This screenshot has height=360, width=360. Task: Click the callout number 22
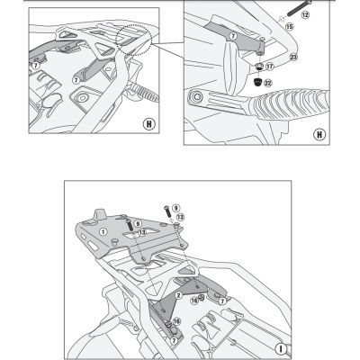pyautogui.click(x=267, y=84)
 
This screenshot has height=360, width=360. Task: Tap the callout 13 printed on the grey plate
pyautogui.click(x=141, y=232)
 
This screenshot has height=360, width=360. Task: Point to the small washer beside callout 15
pyautogui.click(x=279, y=24)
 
